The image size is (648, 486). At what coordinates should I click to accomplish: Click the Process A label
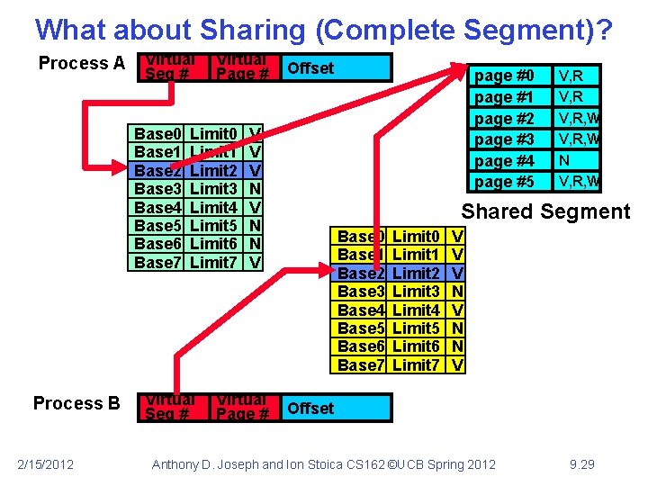pos(81,64)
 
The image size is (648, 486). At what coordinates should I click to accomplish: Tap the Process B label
pos(76,403)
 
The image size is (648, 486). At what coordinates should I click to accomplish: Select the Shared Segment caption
pos(545,212)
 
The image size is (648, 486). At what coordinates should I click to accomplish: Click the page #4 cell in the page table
pos(504,160)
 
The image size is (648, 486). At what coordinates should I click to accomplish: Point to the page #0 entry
pos(504,76)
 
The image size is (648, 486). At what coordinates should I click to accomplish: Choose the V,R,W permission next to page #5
pos(580,182)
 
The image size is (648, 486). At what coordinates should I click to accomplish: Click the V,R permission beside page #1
pos(571,96)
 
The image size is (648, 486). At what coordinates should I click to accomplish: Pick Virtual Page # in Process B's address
pos(242,408)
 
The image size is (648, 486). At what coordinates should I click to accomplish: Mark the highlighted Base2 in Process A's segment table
pos(157,170)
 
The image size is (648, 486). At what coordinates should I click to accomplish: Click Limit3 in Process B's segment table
pos(417,292)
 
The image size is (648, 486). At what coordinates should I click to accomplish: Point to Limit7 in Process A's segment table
pos(214,262)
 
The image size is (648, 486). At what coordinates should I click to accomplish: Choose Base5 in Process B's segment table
pos(361,328)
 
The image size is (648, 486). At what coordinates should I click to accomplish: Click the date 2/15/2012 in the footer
pos(46,463)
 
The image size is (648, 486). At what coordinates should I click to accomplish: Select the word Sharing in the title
pos(226,30)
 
